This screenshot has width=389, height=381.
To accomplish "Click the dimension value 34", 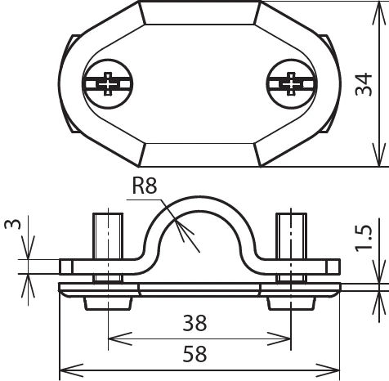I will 366,83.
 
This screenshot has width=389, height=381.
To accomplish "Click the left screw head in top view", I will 106,83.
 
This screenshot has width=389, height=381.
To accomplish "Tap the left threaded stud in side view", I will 107,234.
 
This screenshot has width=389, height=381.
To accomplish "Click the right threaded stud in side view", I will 290,234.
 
